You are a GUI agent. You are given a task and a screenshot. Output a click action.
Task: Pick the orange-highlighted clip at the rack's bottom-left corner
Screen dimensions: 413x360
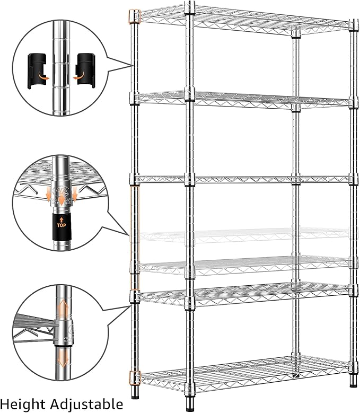point(135,377)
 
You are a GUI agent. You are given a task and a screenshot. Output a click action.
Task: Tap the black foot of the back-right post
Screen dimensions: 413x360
point(354,382)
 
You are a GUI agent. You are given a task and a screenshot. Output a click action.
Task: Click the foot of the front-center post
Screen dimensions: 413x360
point(189,407)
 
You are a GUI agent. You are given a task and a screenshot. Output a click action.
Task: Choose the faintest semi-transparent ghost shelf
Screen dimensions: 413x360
point(244,234)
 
